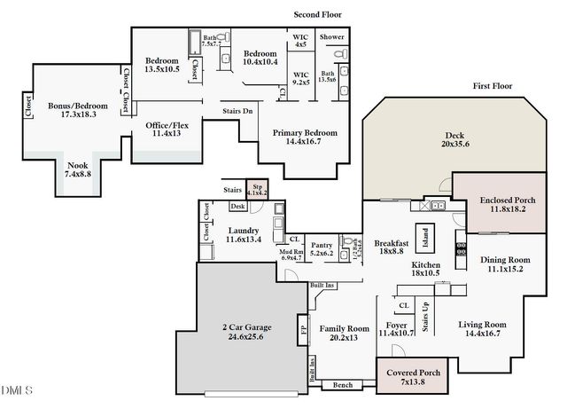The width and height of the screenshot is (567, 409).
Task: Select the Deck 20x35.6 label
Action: point(456,140)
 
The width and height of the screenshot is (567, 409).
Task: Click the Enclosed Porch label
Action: point(501,203)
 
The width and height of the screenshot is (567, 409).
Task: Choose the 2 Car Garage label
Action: point(246,332)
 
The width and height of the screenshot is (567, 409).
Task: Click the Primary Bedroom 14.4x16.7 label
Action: point(308,138)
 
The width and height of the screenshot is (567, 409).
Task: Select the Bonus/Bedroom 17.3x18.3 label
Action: point(77,110)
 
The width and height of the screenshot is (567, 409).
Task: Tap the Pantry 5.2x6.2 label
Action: point(322,248)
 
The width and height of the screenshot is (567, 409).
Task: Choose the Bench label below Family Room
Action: point(342,385)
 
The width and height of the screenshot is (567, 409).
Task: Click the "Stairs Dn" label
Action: point(238,111)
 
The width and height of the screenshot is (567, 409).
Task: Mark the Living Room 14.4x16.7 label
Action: point(482,329)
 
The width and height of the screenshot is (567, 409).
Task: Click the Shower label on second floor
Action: point(332,37)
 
